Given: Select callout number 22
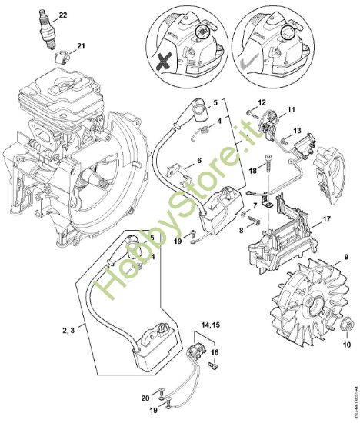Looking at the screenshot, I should (x=63, y=15).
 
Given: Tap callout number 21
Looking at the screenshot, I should (x=82, y=45).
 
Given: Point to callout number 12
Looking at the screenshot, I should (x=262, y=102).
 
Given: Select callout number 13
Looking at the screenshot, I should (x=296, y=130).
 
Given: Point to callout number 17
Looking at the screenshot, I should (x=326, y=220).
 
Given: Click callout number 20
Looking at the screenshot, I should (x=146, y=398).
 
